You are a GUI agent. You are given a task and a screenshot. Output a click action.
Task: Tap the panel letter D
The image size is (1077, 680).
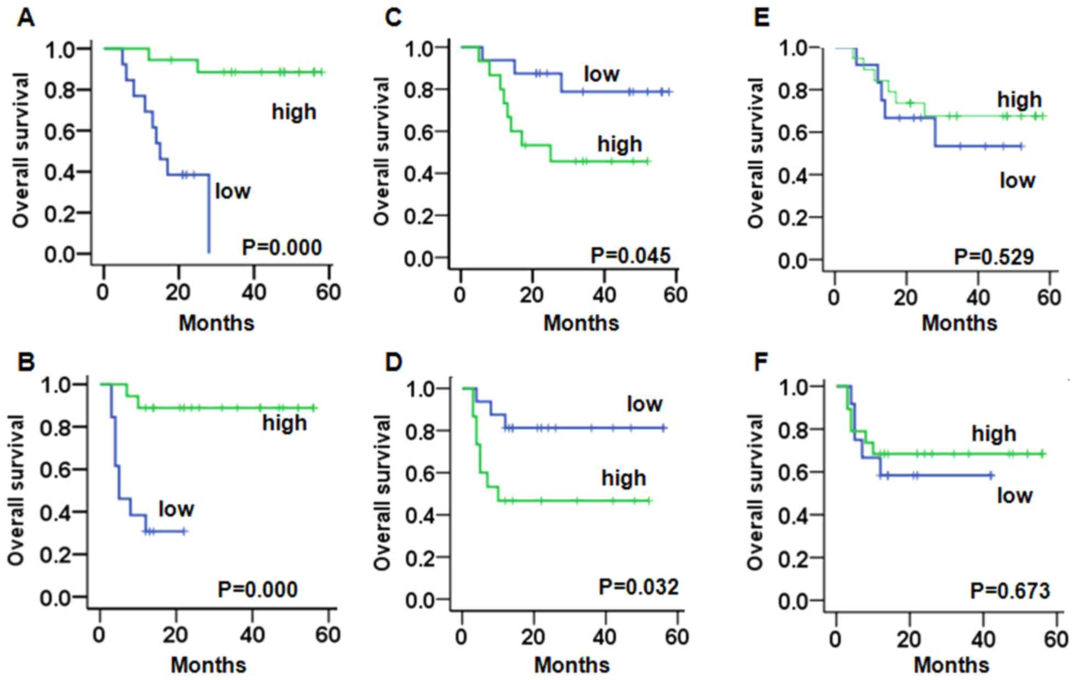pos(393,362)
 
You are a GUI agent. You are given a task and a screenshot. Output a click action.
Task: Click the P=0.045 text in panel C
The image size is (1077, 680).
pos(630,256)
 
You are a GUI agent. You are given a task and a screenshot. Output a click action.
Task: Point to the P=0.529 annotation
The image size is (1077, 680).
pos(994,257)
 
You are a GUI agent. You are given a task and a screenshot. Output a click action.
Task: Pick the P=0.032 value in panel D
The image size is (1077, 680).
pos(638,587)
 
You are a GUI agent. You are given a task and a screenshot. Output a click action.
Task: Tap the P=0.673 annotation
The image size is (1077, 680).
pos(1010,591)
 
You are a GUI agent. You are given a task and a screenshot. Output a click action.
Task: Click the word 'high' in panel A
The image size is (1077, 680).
pos(294,112)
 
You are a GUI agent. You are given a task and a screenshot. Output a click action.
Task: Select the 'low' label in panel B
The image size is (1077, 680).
pos(176,509)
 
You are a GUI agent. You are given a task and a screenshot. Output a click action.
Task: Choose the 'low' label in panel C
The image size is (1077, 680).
pos(602,74)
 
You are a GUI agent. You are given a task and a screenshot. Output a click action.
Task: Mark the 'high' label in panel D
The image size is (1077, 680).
pos(623,478)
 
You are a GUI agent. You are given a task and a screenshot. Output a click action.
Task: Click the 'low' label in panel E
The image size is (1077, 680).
pos(1017,180)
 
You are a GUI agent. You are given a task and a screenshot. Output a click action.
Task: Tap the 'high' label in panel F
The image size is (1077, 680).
pos(994,434)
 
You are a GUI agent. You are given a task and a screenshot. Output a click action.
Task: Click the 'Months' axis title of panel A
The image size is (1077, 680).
pos(217,323)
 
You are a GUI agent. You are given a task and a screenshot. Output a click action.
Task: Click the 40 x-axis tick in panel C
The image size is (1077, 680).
pos(604,295)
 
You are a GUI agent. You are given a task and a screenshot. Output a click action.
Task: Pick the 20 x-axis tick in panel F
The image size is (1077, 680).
pos(909,639)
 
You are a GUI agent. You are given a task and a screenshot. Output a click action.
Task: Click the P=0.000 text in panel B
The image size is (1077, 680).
pos(258,589)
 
